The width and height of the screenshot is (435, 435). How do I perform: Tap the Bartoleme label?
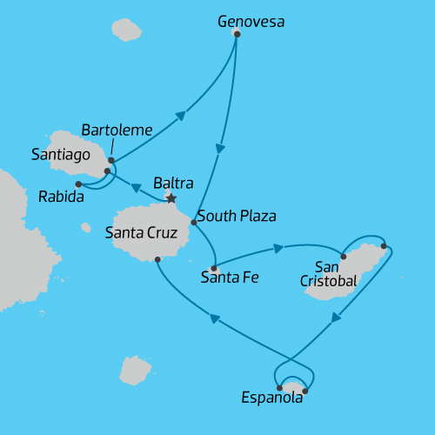tap(117, 130)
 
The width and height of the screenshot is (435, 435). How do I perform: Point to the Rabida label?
tap(61, 197)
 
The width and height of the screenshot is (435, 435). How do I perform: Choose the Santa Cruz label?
tap(140, 233)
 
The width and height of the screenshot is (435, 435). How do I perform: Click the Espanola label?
tap(272, 398)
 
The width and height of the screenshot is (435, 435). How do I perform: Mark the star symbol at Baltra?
tap(171, 198)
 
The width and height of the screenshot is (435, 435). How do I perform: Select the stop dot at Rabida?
tap(78, 184)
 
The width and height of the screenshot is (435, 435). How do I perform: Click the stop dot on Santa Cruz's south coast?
tap(157, 259)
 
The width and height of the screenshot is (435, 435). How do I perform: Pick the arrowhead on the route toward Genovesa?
tap(181, 115)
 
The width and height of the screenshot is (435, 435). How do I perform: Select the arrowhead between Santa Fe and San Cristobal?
tap(278, 248)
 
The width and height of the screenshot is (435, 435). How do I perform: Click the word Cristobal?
tap(328, 281)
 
